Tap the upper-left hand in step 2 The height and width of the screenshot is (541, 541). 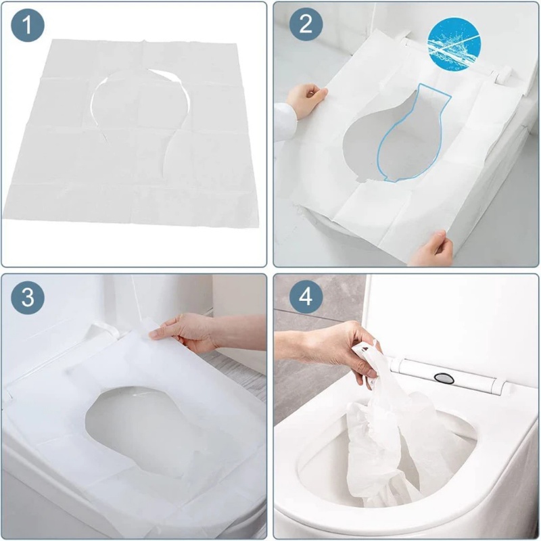coord(302,100)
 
